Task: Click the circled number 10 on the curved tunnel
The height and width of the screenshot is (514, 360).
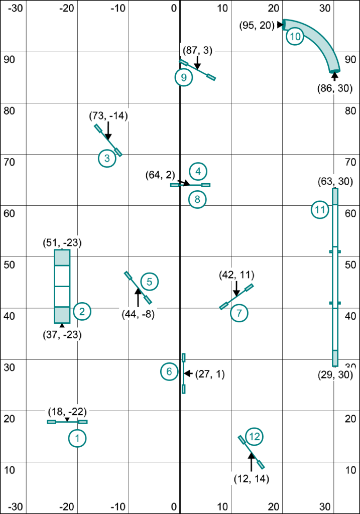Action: (x=295, y=36)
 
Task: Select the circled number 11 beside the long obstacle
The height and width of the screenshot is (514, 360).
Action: (x=320, y=210)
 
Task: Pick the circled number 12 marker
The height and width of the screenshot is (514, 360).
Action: (x=255, y=437)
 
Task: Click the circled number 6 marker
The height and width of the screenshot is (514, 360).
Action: (x=169, y=371)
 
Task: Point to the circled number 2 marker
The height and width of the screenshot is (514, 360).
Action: (x=82, y=311)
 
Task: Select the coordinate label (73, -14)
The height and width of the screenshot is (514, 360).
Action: (x=108, y=116)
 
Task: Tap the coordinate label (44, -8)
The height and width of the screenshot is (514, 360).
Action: (x=138, y=314)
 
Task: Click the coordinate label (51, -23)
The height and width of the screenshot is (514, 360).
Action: (x=62, y=243)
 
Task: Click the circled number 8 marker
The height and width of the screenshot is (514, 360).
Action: (x=197, y=199)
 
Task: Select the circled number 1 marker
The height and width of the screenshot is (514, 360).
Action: (x=77, y=439)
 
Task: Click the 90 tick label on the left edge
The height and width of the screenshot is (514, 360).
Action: (x=9, y=59)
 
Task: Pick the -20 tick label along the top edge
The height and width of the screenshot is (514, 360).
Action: (x=67, y=9)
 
